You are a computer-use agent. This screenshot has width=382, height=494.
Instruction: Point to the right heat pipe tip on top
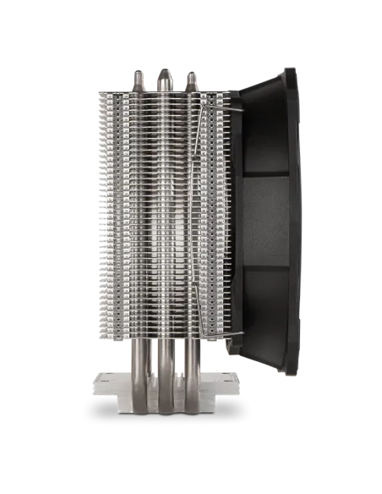(191, 79)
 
